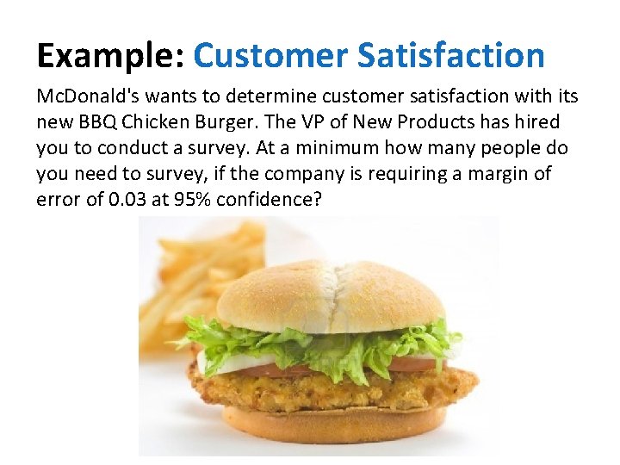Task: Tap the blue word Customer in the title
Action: (269, 56)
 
